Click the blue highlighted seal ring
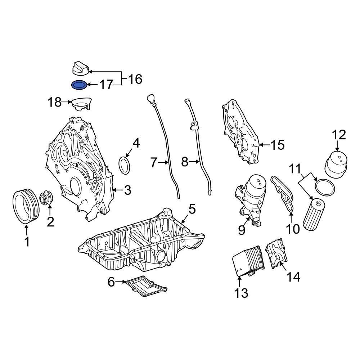pos(79,85)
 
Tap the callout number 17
pos(106,85)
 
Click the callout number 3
pos(127,190)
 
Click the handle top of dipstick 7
pos(150,98)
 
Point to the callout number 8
pos(185,162)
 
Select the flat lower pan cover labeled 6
pos(146,287)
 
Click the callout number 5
pos(192,208)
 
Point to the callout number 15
pos(277,145)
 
